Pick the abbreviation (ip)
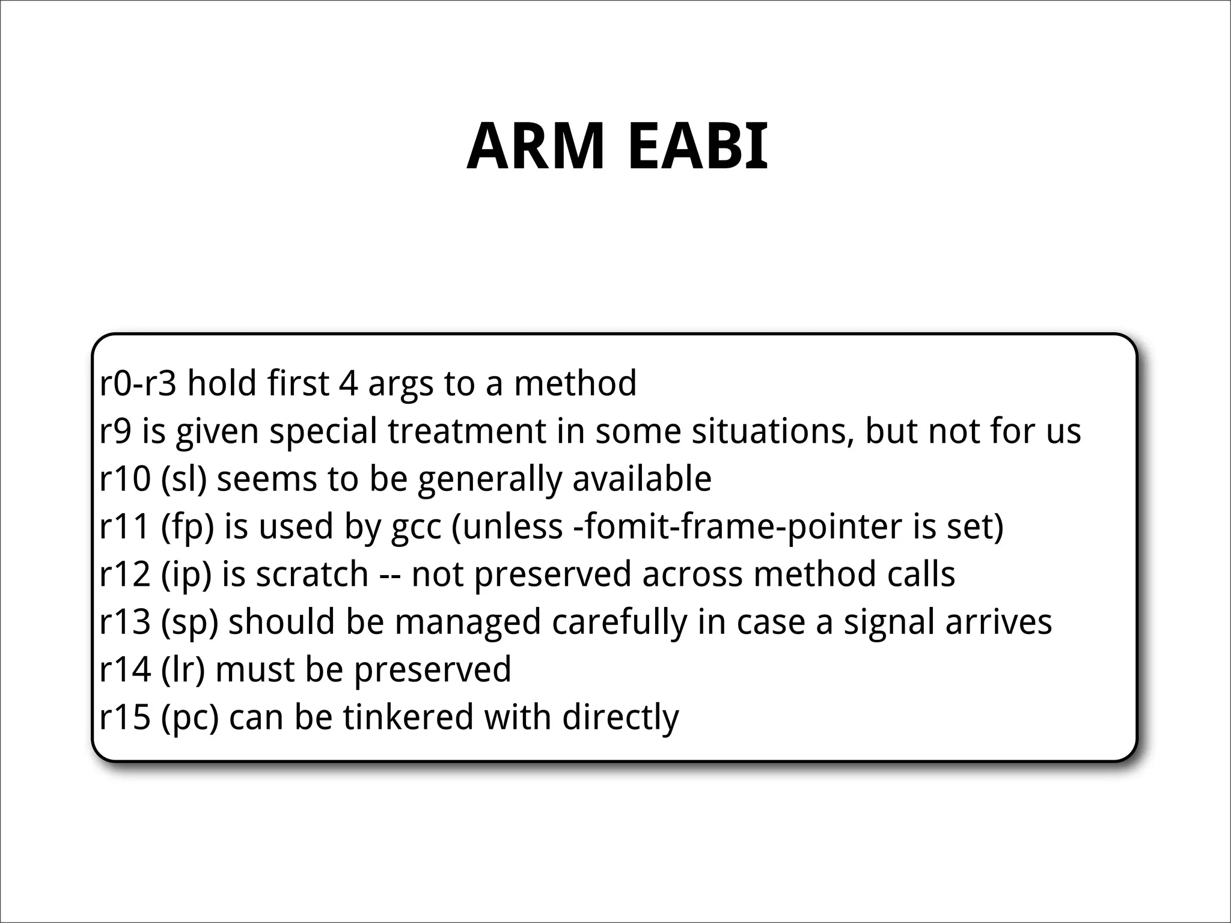pos(186,574)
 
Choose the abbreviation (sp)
pos(189,621)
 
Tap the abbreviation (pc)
pos(190,717)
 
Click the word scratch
pos(312,574)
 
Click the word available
pos(641,479)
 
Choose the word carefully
pos(620,623)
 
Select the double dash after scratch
pos(390,575)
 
